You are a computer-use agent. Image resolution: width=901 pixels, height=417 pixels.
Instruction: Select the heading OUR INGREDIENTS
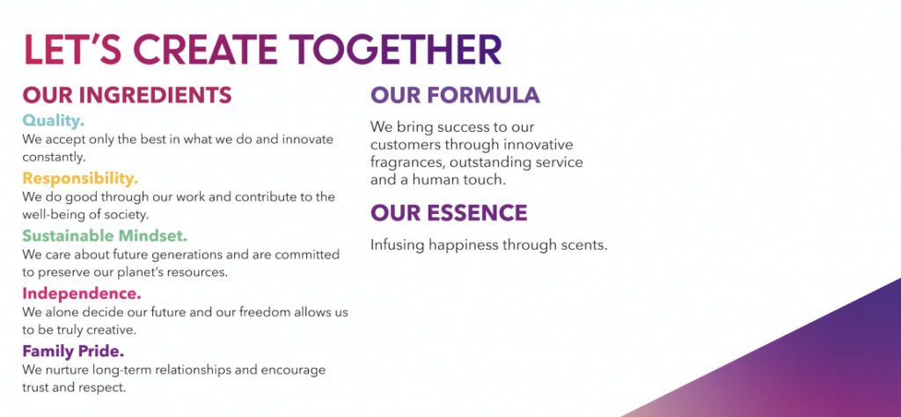(127, 95)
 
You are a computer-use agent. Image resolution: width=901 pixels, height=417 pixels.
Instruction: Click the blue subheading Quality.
(54, 120)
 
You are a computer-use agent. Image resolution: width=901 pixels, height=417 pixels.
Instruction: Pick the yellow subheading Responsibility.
(80, 179)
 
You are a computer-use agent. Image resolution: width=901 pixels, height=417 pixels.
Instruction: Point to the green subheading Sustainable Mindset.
(105, 236)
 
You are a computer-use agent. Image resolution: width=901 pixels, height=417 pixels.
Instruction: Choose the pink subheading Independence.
(82, 293)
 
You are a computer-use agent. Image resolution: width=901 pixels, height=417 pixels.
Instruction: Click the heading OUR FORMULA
(455, 95)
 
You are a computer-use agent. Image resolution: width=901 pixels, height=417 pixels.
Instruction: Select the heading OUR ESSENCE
(449, 213)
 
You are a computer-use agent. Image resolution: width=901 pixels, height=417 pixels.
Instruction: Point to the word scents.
(583, 245)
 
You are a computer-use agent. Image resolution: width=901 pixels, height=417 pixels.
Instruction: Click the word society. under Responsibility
(129, 215)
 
